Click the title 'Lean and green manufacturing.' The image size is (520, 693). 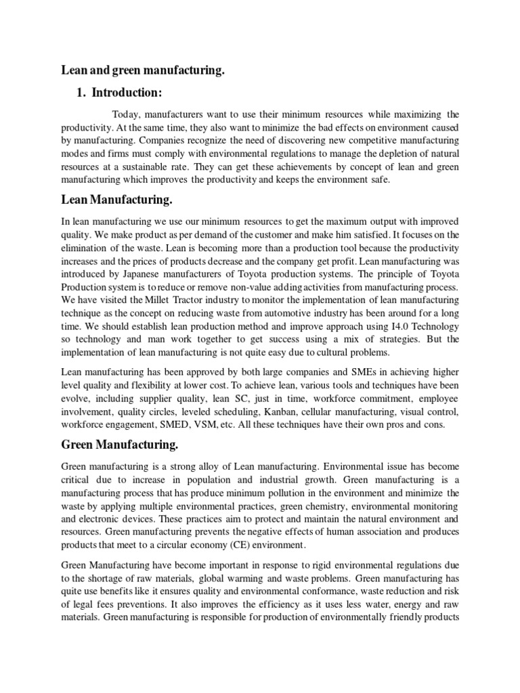[143, 70]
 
